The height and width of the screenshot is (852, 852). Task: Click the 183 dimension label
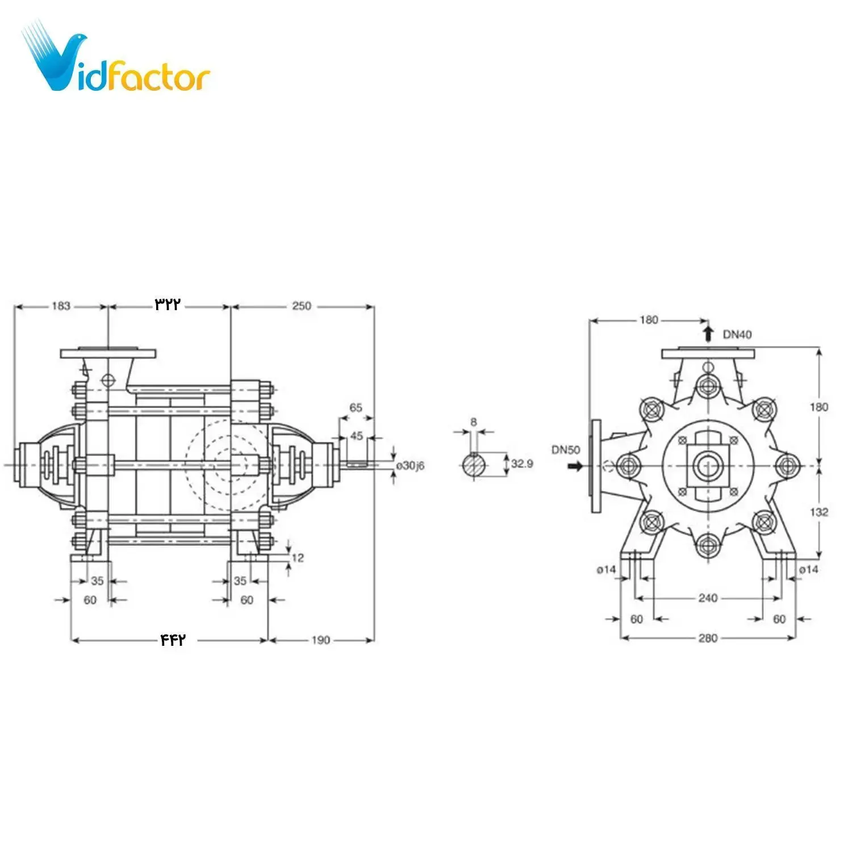coord(61,306)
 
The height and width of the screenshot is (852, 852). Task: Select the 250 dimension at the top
coord(302,306)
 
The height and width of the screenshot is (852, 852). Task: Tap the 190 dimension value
coord(320,640)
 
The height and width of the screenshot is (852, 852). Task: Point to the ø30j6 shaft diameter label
coord(411,466)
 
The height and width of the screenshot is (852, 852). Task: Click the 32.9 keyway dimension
coord(522,463)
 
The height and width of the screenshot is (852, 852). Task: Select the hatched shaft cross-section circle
coord(474,465)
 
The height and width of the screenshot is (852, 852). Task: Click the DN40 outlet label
coord(737,335)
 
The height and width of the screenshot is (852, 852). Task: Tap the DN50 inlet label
coord(566,450)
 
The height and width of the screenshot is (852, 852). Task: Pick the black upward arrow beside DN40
coord(708,333)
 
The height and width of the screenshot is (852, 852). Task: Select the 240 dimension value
coord(708,598)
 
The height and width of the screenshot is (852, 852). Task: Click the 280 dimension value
coord(708,638)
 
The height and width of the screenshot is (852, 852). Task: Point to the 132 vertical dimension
coord(818,512)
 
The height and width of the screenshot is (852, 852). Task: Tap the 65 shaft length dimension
coord(356,407)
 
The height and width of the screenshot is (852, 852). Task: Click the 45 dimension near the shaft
coord(356,436)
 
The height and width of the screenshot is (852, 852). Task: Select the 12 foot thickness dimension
coord(298,558)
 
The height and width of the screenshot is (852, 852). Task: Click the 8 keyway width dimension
coord(474,422)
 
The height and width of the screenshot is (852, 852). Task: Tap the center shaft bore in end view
coord(708,466)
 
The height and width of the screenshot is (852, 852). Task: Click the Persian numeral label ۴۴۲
coord(173,640)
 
